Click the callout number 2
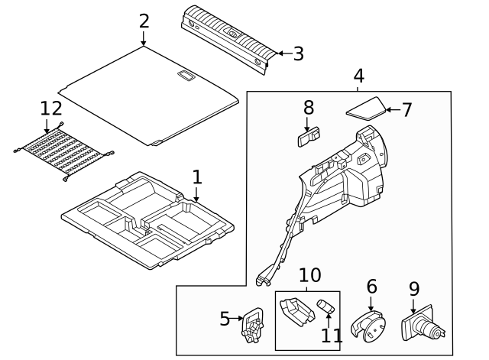click(144, 21)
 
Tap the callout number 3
click(298, 54)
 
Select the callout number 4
click(358, 76)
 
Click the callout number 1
click(196, 177)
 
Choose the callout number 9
click(413, 289)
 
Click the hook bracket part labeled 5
click(251, 326)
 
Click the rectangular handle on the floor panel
click(185, 75)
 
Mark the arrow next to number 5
click(236, 319)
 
